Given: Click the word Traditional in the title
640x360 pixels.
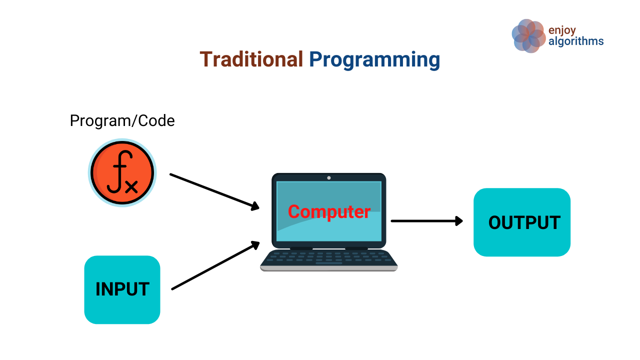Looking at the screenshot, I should [x=251, y=59].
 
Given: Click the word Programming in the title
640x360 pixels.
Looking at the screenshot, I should [x=374, y=60].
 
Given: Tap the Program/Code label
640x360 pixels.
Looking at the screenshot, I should [x=122, y=120].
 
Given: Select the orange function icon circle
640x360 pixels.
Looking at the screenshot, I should [x=122, y=172].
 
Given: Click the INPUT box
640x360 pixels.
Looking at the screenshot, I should [x=122, y=289].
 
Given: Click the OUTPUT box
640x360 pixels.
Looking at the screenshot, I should [x=522, y=222].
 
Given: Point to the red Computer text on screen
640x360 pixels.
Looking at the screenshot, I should [x=329, y=211].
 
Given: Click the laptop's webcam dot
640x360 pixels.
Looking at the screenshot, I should [x=329, y=178].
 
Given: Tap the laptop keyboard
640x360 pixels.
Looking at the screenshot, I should [x=329, y=258].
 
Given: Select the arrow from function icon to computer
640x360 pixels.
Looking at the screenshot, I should [x=212, y=190].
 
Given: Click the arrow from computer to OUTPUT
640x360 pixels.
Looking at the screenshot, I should [x=425, y=220].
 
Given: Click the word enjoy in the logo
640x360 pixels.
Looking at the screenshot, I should [x=562, y=30].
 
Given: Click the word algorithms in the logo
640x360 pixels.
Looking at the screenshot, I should [x=576, y=41].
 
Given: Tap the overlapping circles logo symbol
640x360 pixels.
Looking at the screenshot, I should [x=528, y=35].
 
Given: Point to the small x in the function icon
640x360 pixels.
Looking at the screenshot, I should [x=131, y=186].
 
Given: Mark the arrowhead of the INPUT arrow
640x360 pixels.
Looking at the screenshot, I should [x=255, y=244].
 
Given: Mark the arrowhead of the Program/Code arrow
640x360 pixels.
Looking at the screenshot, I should [x=254, y=206].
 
